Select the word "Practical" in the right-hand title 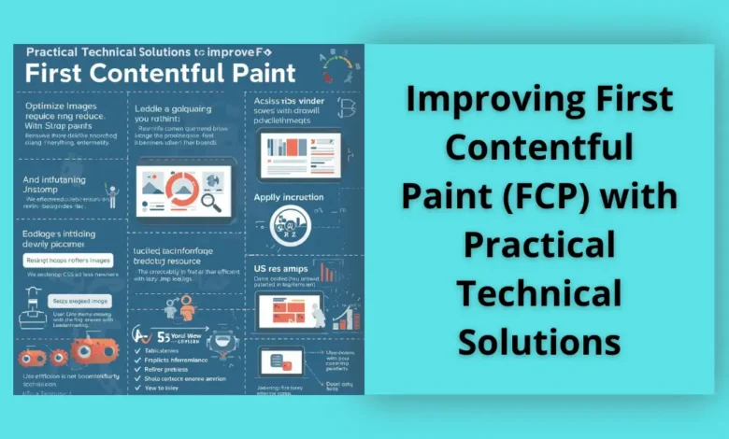click(539, 245)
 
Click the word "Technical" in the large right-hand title click(539, 293)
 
